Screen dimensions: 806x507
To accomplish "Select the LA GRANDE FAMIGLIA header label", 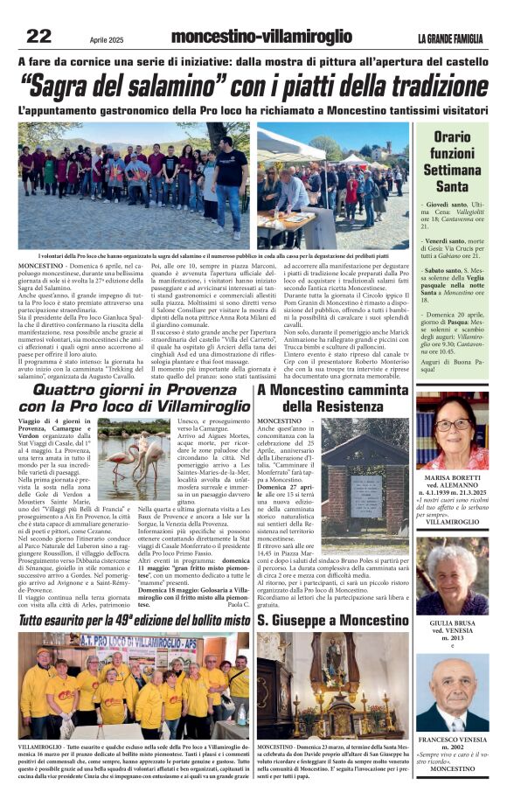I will coord(452,38).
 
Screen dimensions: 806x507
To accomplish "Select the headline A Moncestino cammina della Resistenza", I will coord(332,398).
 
